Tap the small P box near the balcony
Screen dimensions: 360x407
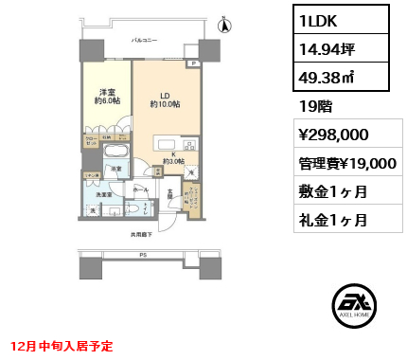[193, 64]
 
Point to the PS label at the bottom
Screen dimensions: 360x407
[143, 255]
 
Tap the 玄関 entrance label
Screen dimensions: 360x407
[171, 195]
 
